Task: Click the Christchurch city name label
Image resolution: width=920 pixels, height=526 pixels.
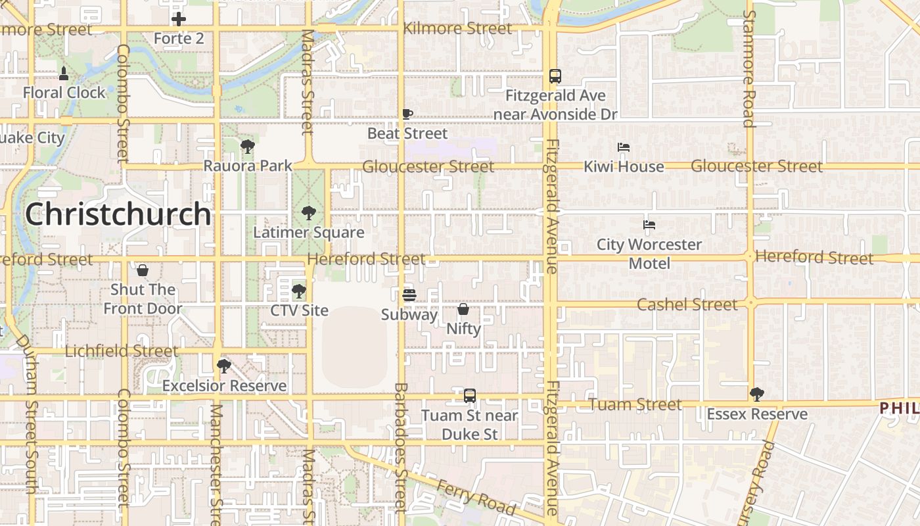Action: pos(118,214)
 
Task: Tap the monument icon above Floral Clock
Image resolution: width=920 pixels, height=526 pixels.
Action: pos(64,73)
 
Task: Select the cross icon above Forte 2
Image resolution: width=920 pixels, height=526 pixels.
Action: pos(178,19)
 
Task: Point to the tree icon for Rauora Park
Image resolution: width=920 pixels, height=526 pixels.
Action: pos(247,146)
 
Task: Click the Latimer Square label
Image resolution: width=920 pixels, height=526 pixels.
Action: pos(309,232)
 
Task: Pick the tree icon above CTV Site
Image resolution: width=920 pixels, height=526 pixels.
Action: pos(299,291)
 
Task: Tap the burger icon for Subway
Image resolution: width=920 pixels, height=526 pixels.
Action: pos(409,295)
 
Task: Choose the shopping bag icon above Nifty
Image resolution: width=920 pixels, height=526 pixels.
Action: pos(463,308)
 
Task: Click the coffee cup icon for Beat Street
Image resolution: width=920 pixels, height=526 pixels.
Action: pos(407,114)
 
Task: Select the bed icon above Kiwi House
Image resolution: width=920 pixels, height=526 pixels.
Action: pos(624,147)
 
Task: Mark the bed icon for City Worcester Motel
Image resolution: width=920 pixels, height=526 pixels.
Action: pos(649,225)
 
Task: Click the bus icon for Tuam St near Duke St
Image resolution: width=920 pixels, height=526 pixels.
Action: pos(470,396)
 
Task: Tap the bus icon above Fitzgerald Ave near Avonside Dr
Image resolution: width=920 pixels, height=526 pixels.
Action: pos(555,76)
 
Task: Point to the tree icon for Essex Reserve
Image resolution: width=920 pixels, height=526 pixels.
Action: pos(757,394)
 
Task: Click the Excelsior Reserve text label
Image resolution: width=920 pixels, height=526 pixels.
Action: pos(225,386)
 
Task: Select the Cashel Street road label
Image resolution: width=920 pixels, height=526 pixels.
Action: pos(687,304)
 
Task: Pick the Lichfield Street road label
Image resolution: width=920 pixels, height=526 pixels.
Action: pos(122,351)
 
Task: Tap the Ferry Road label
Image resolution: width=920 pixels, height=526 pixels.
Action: pos(476,497)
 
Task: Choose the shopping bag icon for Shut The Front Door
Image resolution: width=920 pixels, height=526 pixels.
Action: pos(143,270)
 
